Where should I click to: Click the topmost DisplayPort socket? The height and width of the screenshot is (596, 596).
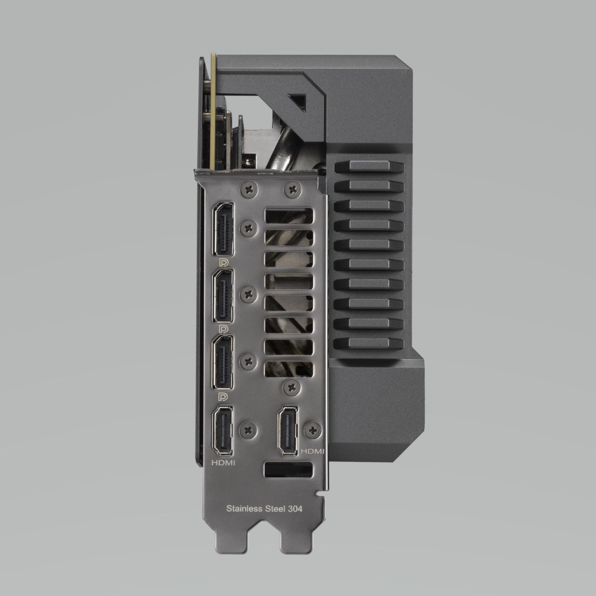point(223,229)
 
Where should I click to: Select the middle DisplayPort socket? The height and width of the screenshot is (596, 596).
point(223,296)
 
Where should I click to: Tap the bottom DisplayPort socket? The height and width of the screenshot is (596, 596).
point(223,363)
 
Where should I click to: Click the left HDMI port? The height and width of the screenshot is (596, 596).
point(223,430)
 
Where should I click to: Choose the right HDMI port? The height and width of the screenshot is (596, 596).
point(289,430)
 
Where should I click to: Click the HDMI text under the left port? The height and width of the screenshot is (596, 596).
point(223,463)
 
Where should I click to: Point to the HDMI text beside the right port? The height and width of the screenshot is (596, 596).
point(312,451)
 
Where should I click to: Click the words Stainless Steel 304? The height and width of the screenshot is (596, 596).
point(264,508)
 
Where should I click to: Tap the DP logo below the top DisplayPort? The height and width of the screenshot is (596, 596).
point(223,262)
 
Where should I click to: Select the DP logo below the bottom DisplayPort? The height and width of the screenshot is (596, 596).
point(223,397)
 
